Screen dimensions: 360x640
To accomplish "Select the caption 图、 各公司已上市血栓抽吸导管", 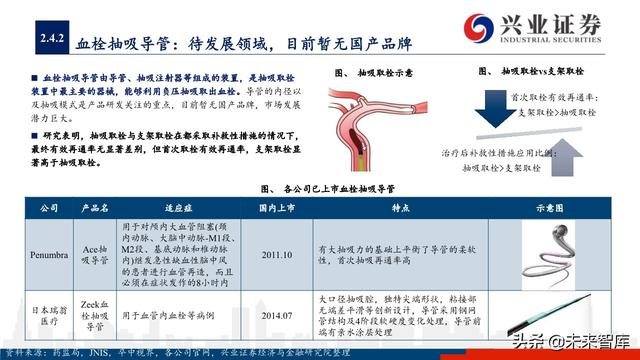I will click(330, 186).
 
